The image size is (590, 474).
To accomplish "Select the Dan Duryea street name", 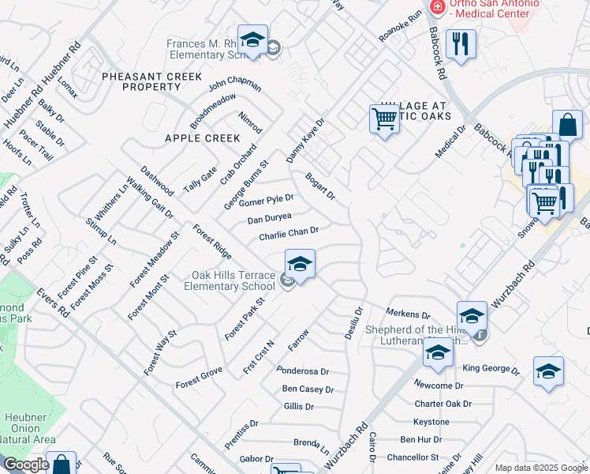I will tap(269, 218).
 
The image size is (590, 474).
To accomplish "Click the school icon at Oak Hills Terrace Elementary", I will tap(300, 263).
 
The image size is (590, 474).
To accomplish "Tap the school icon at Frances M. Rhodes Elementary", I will tap(252, 41).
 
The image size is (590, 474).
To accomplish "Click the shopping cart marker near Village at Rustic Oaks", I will tap(384, 119).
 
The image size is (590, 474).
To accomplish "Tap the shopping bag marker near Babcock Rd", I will tap(567, 125).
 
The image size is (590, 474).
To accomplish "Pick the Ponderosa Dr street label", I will tap(302, 371).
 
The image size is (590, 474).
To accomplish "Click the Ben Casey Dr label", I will tap(308, 389).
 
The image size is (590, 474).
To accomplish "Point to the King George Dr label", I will tap(491, 369).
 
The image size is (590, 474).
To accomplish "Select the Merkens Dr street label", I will tap(409, 314).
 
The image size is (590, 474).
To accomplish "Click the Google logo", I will tap(25, 465).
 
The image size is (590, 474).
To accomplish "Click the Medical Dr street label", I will tap(452, 141).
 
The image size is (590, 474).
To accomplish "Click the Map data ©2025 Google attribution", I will tap(542, 468).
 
